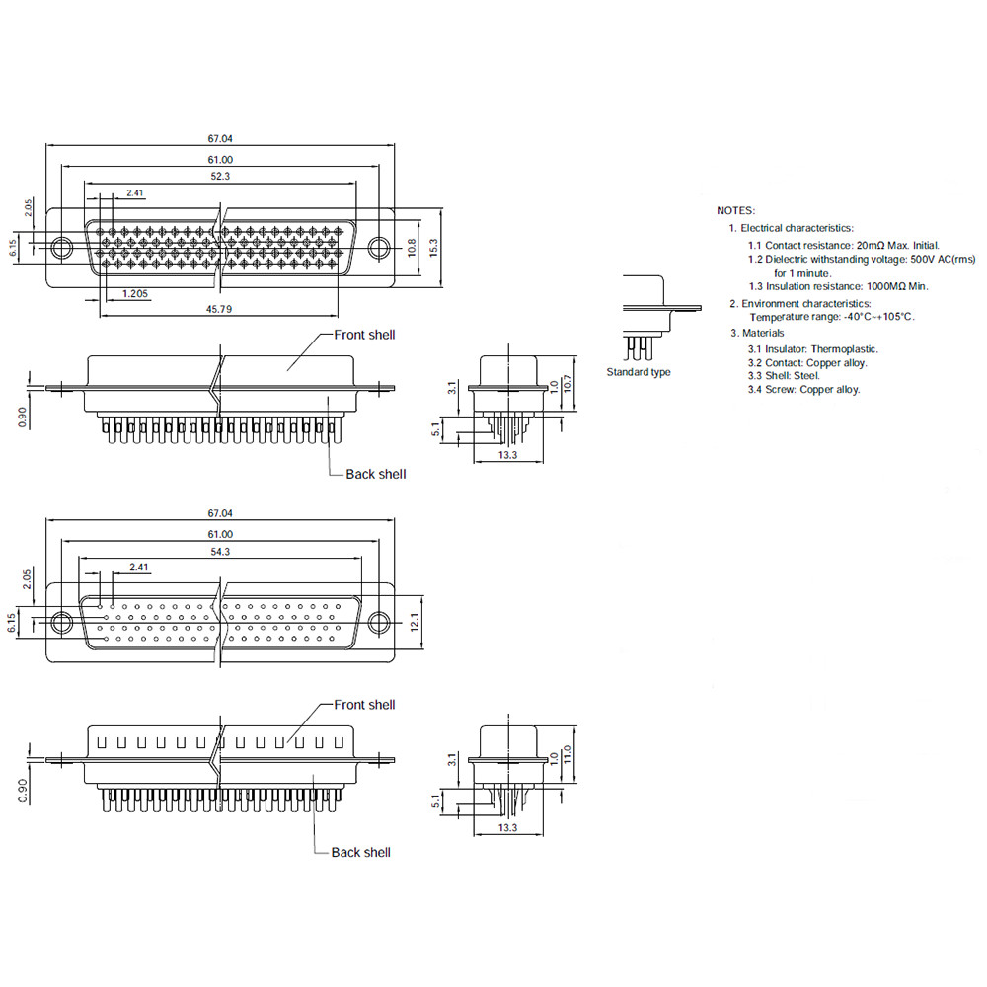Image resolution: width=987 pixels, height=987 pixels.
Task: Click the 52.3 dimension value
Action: pos(220,177)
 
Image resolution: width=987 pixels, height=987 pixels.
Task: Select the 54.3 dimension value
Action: pos(220,552)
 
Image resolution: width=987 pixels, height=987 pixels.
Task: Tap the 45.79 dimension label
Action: pos(219,309)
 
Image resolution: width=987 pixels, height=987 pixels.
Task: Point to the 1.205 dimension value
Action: pos(135,293)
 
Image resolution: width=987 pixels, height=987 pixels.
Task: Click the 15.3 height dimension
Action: pos(433,248)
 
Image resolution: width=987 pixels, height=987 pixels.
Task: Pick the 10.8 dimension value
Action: pos(412,248)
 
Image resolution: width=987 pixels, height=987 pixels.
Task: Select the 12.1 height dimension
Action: pos(415,623)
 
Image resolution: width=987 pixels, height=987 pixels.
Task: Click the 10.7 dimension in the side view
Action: pos(568,384)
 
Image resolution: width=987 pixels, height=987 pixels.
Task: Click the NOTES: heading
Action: pos(736,211)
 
